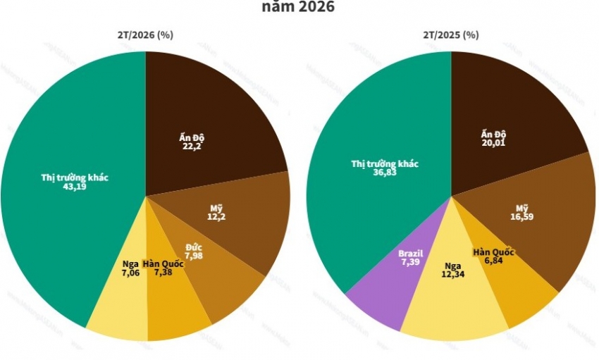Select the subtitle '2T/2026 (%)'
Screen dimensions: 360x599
[146, 35]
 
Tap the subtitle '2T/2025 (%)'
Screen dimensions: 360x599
[451, 35]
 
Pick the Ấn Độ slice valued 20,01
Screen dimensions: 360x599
[507, 106]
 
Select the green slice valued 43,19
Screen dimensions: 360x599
[70, 211]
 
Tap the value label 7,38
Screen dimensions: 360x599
[162, 272]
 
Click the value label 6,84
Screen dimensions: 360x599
[493, 261]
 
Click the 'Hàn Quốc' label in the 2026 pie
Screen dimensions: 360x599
[163, 263]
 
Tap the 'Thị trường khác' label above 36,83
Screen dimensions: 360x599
[385, 163]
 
